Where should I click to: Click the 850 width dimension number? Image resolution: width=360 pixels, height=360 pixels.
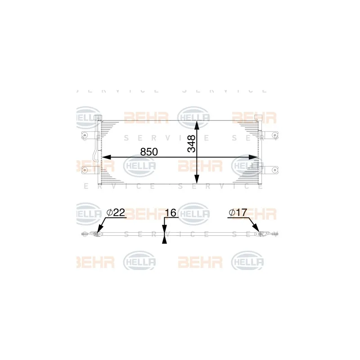tap(149, 152)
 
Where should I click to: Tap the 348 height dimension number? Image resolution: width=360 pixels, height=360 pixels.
tap(192, 144)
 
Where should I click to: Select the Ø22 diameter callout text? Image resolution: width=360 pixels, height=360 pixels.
tap(116, 212)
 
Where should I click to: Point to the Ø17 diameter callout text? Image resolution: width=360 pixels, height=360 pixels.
tap(238, 212)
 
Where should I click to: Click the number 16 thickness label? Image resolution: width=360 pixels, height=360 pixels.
tap(171, 213)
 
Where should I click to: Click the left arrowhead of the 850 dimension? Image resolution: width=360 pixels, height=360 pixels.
tap(106, 157)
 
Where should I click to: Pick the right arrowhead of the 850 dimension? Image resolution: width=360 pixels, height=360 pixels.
tap(253, 157)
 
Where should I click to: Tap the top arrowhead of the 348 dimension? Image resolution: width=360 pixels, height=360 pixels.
tap(197, 126)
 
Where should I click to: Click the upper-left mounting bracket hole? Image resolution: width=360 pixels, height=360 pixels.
tap(85, 135)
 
